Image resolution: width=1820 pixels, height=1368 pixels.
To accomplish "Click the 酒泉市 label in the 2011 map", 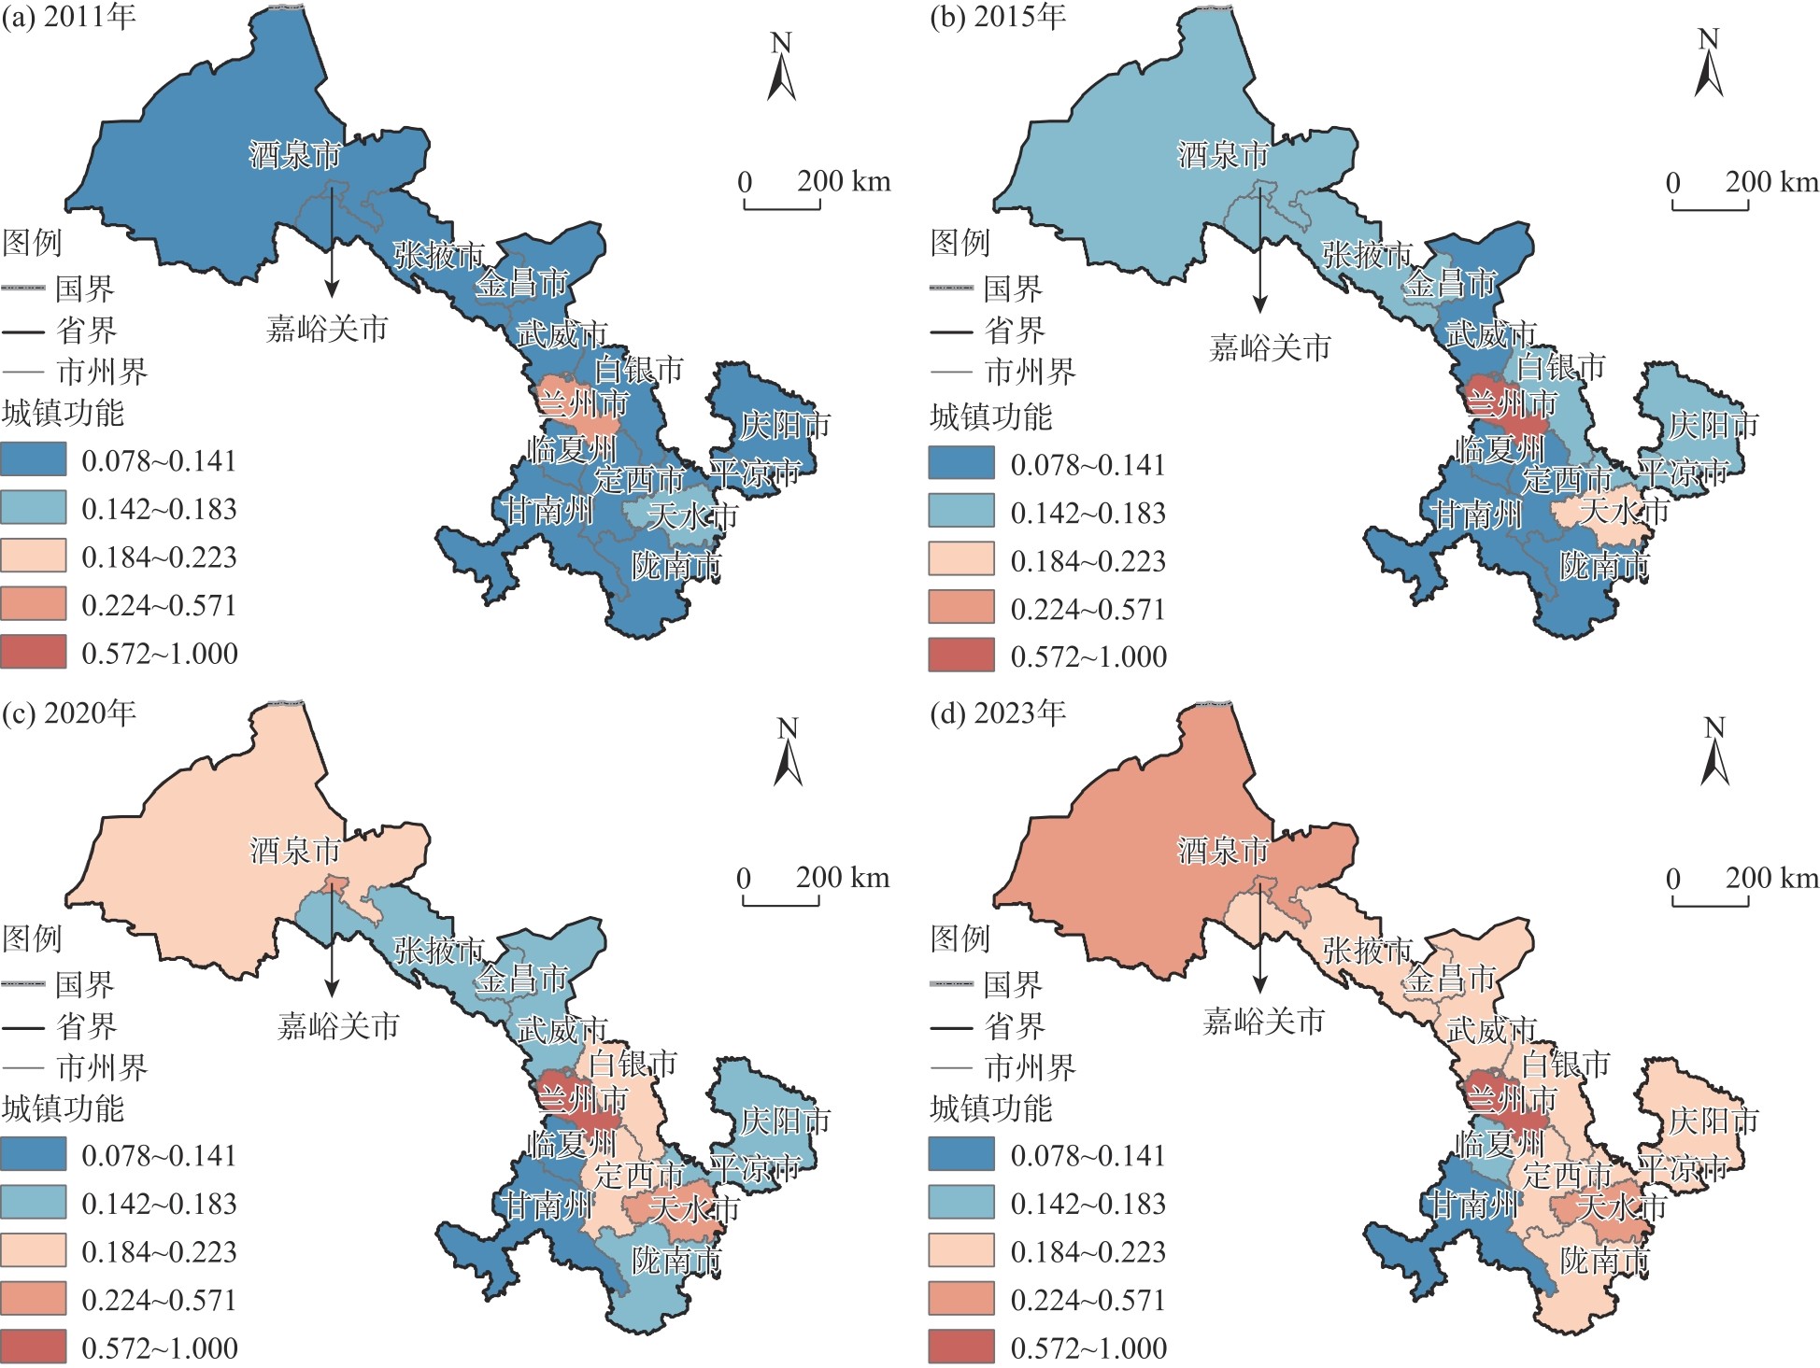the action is click(x=295, y=155).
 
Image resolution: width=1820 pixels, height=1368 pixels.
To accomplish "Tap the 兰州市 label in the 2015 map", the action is click(x=1512, y=403).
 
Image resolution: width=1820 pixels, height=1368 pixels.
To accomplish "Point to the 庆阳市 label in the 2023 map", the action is click(x=1713, y=1121).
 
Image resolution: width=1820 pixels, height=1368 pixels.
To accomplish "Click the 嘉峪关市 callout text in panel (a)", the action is click(x=327, y=329).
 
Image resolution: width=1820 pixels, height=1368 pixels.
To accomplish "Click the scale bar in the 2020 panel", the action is click(x=781, y=899).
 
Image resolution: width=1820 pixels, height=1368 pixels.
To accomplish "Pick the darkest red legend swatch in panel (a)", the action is click(x=34, y=652).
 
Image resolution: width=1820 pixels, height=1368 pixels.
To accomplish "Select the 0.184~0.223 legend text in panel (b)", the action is click(x=1088, y=561).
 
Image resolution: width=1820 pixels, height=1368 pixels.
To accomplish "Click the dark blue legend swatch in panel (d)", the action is click(x=961, y=1155).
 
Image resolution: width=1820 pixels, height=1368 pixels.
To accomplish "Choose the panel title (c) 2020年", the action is click(x=69, y=713).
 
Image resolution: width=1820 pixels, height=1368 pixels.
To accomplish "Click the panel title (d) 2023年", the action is click(x=998, y=713).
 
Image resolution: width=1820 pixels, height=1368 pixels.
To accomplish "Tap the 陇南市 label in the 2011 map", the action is click(x=676, y=566).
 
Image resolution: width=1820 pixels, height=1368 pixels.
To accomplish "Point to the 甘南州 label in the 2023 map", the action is click(x=1476, y=1205).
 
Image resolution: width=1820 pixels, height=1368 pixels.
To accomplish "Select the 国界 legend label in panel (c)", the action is click(x=85, y=984).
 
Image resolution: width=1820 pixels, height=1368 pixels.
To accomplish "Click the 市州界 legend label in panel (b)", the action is click(x=1031, y=372).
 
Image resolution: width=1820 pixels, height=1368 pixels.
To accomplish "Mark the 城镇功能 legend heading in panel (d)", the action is click(x=991, y=1108).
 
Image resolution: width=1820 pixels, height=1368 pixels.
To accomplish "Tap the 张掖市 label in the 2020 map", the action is click(x=439, y=951).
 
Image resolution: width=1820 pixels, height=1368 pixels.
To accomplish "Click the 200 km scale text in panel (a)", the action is click(x=844, y=181).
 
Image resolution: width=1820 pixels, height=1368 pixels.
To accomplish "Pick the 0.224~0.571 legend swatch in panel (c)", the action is click(x=34, y=1299).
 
